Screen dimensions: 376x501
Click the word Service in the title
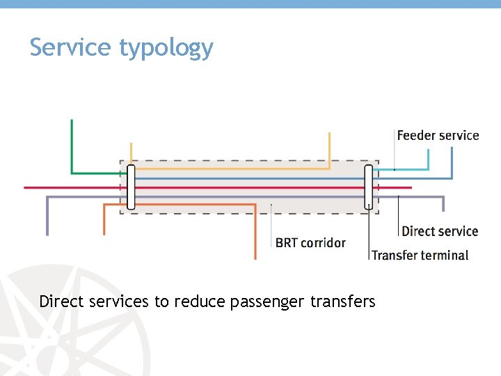pos(70,47)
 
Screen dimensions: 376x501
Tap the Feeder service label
pos(438,135)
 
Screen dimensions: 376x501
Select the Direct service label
pos(440,231)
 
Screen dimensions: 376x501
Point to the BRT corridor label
pos(310,242)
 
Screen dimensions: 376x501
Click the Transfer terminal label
pos(420,255)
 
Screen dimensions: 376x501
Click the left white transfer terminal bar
pos(131,187)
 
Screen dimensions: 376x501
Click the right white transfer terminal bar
pos(369,187)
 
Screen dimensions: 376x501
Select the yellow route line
pos(230,169)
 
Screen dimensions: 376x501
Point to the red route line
pos(70,187)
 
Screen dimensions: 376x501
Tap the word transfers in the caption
pos(343,301)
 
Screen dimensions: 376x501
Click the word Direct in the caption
pos(59,301)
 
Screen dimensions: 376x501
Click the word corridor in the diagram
pos(323,242)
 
